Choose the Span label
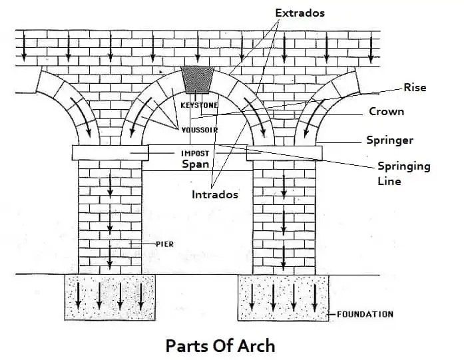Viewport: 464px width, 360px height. click(195, 164)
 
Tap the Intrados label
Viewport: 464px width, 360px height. click(214, 195)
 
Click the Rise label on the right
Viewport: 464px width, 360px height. click(414, 87)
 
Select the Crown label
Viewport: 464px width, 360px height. click(386, 112)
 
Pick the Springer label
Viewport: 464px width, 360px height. click(389, 140)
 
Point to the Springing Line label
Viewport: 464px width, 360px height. click(404, 173)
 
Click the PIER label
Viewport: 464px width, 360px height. click(164, 244)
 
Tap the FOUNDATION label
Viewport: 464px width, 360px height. click(365, 314)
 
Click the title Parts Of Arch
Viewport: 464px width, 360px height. click(219, 345)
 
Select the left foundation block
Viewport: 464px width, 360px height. click(109, 297)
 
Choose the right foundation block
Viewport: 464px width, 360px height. click(284, 297)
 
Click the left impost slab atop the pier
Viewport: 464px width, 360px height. click(110, 153)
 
